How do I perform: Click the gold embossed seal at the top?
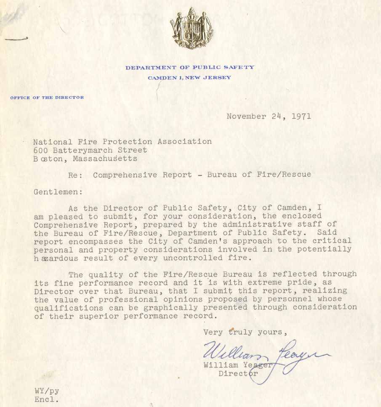point(191,28)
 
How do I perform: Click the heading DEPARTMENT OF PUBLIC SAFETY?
point(189,67)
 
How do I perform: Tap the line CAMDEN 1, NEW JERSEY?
point(189,78)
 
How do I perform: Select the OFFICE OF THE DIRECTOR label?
point(47,98)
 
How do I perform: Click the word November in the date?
point(246,116)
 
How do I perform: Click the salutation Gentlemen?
point(56,192)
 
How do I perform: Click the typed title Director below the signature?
point(238,373)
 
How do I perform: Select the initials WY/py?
point(47,391)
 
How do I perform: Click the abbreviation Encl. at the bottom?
point(47,400)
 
